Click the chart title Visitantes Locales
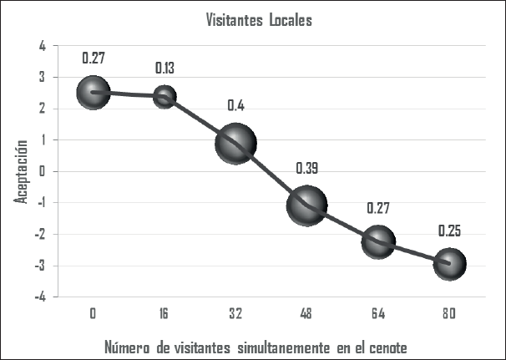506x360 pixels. click(x=259, y=20)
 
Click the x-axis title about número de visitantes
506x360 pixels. click(x=259, y=346)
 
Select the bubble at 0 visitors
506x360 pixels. click(x=94, y=92)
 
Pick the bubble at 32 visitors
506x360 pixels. click(x=235, y=143)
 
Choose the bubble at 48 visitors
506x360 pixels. click(x=306, y=205)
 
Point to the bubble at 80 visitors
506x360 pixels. click(x=449, y=264)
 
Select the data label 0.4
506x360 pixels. click(x=235, y=106)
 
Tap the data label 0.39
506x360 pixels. click(x=307, y=169)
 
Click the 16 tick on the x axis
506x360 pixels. click(x=164, y=313)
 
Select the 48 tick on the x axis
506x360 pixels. click(x=306, y=313)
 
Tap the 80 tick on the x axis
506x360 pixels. click(x=449, y=313)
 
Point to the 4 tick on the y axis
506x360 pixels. click(x=43, y=45)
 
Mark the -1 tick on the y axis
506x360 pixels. click(x=41, y=203)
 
